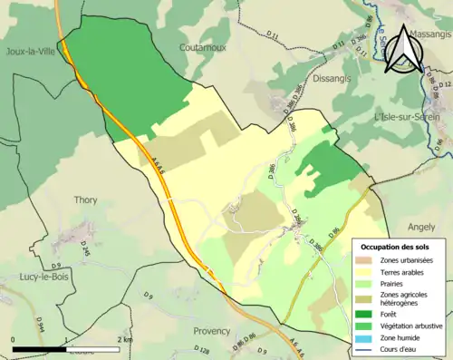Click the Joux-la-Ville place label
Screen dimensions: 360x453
coord(30,52)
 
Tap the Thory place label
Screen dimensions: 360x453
coord(85,201)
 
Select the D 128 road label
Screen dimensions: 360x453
coord(202,349)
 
